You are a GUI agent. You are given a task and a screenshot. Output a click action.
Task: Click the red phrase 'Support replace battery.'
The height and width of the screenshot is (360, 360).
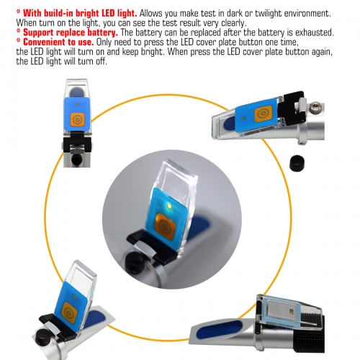pyautogui.click(x=71, y=32)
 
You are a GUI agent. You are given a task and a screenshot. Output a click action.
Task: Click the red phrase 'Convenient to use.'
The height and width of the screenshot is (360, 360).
pyautogui.click(x=58, y=42)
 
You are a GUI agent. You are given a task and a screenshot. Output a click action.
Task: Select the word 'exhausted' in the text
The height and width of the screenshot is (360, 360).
pyautogui.click(x=314, y=32)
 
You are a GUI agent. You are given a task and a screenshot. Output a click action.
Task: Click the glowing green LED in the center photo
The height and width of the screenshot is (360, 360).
pyautogui.click(x=169, y=206)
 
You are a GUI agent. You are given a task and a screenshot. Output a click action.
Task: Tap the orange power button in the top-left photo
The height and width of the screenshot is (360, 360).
pyautogui.click(x=77, y=120)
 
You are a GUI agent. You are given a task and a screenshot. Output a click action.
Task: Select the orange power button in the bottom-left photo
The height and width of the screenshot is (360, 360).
pyautogui.click(x=69, y=312)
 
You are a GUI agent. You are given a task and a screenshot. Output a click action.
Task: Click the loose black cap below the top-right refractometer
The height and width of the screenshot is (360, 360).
pyautogui.click(x=297, y=163)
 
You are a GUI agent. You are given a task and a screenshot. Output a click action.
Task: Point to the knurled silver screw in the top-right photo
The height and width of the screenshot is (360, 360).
pyautogui.click(x=315, y=107)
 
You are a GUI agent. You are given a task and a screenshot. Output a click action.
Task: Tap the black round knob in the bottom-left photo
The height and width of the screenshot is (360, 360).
pyautogui.click(x=42, y=338)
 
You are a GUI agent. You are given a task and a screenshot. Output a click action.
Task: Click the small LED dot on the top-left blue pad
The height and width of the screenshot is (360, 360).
pyautogui.click(x=77, y=104)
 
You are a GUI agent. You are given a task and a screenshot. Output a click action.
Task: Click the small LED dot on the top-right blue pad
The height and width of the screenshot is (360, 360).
pyautogui.click(x=244, y=118)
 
